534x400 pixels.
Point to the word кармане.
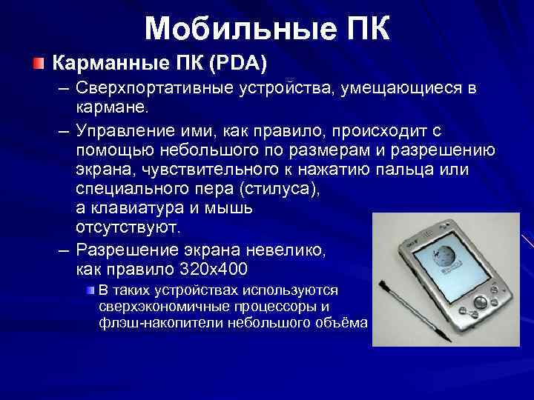pyautogui.click(x=112, y=107)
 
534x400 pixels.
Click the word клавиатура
pyautogui.click(x=135, y=207)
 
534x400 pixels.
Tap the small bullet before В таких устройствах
pyautogui.click(x=90, y=289)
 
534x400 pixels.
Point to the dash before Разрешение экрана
pyautogui.click(x=65, y=249)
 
